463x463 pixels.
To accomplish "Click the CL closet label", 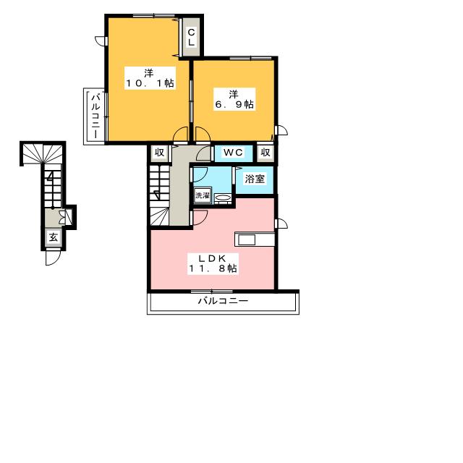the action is [191, 37].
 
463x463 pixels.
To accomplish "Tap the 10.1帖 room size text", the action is [150, 83].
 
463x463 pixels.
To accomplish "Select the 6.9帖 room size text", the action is [234, 104].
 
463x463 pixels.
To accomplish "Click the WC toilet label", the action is [233, 153].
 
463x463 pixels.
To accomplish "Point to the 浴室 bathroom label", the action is [255, 179].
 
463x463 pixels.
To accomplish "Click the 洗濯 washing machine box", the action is [203, 195].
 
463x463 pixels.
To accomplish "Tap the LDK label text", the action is [212, 259].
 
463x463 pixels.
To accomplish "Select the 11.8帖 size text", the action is [213, 268].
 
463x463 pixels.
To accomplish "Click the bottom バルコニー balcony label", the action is [223, 301].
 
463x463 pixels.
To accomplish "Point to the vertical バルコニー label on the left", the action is [95, 116].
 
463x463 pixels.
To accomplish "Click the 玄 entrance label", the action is [54, 237].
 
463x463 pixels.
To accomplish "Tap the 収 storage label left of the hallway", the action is [159, 153].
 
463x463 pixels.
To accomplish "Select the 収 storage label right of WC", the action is [266, 153].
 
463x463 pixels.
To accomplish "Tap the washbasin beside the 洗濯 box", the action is [223, 197].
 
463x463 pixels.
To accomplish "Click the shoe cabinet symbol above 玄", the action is [65, 217].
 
